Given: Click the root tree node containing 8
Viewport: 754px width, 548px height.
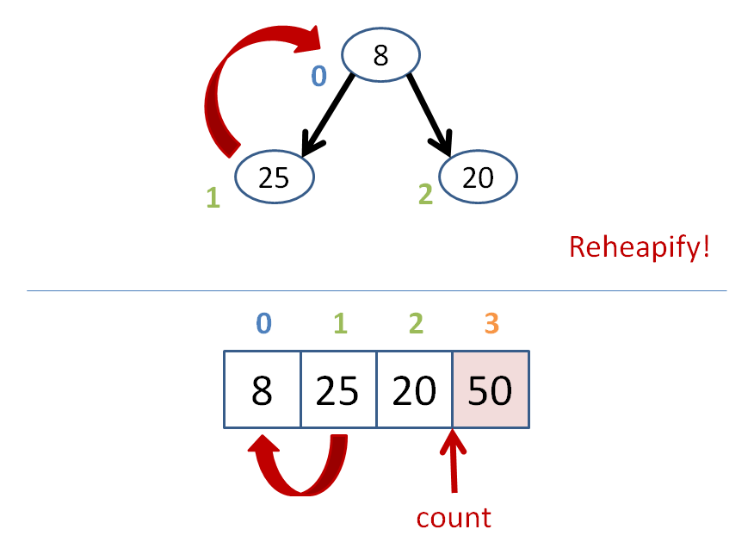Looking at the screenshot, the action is [380, 54].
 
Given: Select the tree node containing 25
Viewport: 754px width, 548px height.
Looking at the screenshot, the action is [275, 177].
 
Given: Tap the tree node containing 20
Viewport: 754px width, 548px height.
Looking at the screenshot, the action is [478, 177].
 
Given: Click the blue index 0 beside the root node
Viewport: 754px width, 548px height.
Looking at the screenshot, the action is [318, 76].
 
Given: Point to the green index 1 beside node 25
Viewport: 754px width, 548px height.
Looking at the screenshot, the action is [213, 197].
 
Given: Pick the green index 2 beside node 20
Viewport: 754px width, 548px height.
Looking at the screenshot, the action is [425, 194].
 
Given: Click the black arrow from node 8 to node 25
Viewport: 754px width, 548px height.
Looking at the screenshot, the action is [327, 115].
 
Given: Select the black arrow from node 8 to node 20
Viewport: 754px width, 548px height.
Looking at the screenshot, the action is [430, 115].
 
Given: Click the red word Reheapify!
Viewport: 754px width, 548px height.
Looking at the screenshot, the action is [639, 247].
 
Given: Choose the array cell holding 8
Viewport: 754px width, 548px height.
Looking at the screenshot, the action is [262, 389].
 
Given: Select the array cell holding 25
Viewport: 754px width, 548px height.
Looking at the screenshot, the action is [338, 389].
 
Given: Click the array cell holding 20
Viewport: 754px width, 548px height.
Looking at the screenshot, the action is [414, 389].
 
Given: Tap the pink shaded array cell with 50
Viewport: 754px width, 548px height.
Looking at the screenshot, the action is [491, 389].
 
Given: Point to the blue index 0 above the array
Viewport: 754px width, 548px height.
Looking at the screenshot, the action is [263, 323].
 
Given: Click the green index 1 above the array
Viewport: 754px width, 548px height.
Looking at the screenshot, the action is [341, 323].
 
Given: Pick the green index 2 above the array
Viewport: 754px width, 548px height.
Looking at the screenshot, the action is [416, 323].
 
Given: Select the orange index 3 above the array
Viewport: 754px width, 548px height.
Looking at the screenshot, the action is [491, 323].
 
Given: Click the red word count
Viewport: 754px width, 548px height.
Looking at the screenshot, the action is [454, 518].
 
